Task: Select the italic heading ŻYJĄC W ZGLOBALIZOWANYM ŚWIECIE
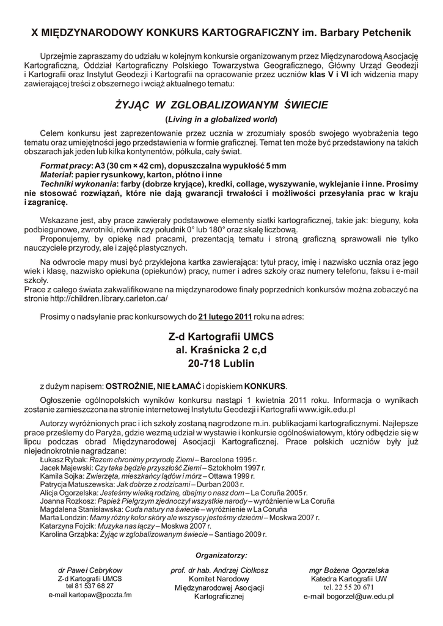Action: click(222, 105)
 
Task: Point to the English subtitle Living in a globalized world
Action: click(221, 119)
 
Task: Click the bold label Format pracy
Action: click(64, 166)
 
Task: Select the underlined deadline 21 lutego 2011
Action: click(225, 317)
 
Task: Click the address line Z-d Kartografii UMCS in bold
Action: click(221, 337)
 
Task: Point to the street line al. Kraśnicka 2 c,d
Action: click(221, 350)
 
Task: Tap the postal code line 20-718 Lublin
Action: click(221, 364)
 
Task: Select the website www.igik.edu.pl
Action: click(328, 409)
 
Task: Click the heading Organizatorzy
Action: click(221, 555)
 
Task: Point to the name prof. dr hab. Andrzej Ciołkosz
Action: click(221, 570)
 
